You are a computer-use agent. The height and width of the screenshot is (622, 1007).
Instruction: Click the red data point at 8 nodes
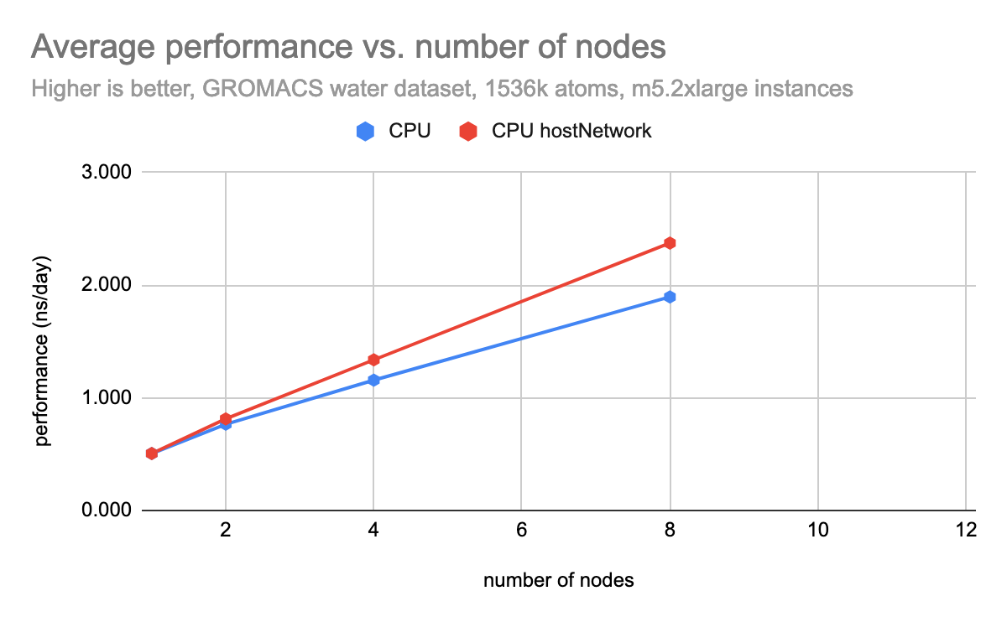670,243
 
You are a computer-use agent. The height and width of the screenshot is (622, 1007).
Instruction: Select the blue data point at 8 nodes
670,297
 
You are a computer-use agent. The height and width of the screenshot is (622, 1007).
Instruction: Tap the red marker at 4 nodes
373,360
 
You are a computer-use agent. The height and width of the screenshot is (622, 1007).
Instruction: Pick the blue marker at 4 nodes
373,380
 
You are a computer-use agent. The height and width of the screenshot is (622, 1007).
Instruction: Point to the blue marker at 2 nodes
225,424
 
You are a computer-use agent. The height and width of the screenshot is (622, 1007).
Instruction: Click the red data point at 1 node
152,454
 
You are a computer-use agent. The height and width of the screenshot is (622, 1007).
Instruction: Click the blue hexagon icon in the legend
364,132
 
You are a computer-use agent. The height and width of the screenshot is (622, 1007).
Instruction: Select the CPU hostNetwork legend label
571,132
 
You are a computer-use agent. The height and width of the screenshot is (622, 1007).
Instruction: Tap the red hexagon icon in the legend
467,132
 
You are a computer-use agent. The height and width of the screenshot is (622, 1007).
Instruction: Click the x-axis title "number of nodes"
558,580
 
